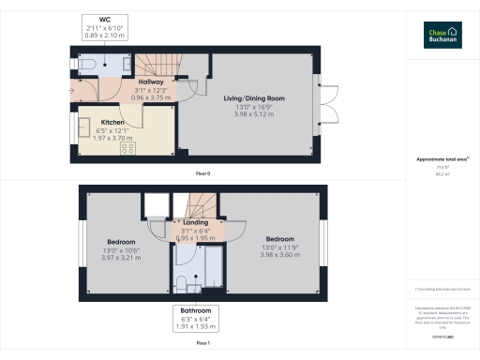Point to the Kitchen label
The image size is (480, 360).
click(x=113, y=123)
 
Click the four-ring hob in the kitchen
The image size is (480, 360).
click(x=127, y=146)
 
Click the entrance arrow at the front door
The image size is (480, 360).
click(x=70, y=89)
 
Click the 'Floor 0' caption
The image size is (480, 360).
click(x=202, y=174)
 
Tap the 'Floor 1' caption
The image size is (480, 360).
click(x=202, y=344)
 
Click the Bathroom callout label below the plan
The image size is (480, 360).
click(x=196, y=309)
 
